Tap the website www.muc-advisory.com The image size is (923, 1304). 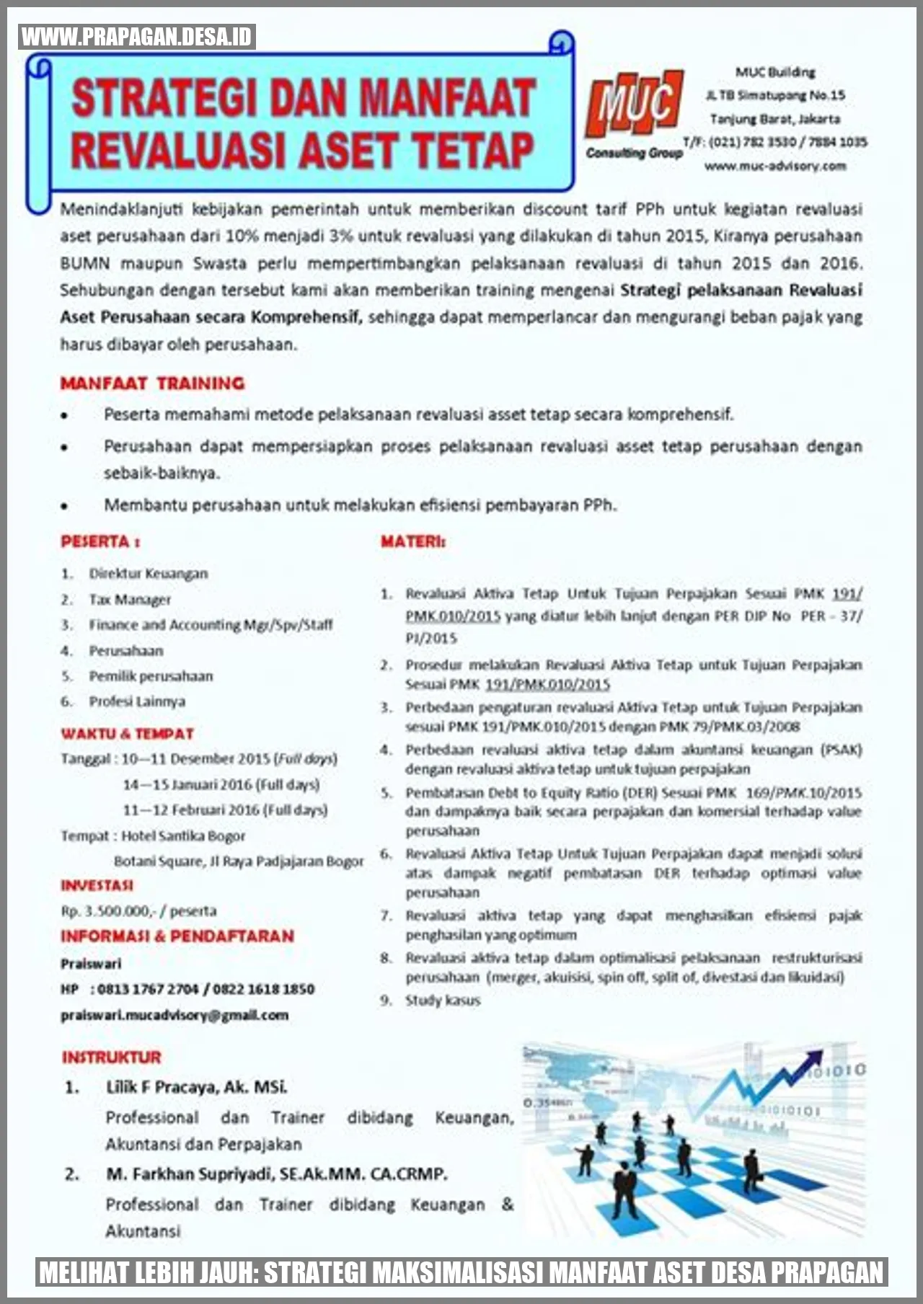tap(774, 167)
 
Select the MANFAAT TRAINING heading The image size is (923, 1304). tap(152, 383)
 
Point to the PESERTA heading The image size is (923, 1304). tap(100, 541)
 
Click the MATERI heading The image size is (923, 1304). tap(412, 541)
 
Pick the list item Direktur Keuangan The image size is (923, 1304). tap(148, 574)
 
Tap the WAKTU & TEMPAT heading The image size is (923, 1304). tap(127, 734)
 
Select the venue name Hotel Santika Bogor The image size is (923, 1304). tap(183, 836)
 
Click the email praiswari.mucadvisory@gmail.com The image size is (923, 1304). tap(175, 1015)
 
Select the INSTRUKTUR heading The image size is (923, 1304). tap(111, 1057)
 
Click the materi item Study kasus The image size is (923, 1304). tap(442, 1001)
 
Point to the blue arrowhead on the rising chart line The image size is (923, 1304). tap(813, 1058)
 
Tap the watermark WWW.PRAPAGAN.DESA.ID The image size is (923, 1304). tap(137, 37)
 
